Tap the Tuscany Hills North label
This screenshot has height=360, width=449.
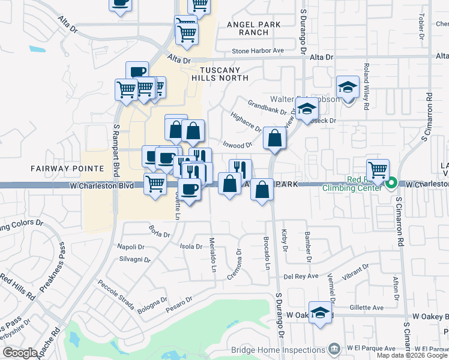tap(220, 73)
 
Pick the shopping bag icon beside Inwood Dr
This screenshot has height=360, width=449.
tap(274, 139)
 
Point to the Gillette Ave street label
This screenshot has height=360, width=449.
tap(368, 308)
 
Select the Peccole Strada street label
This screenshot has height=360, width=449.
tap(115, 294)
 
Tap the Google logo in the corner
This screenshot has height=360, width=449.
tap(20, 353)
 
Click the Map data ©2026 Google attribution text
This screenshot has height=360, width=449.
tap(412, 355)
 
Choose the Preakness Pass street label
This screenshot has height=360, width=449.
tap(52, 268)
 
